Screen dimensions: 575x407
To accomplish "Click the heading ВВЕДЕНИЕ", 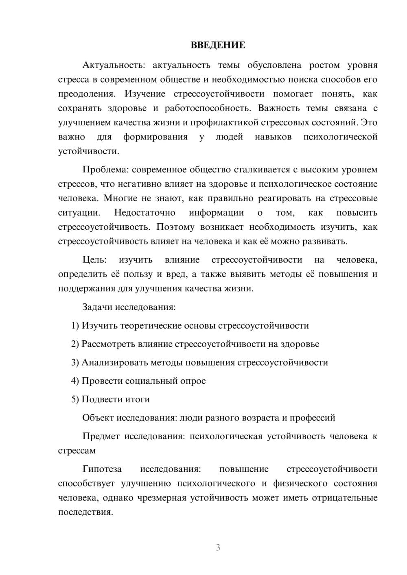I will pos(218,45).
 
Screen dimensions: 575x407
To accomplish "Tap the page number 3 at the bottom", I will pos(218,547).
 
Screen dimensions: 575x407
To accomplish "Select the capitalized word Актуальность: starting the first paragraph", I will pos(107,65).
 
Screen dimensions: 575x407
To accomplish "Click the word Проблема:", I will pos(105,170).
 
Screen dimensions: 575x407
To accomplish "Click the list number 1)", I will pos(75,326).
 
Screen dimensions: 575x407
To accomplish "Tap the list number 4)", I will pos(75,381).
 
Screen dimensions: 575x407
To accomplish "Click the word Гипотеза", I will pos(102,469).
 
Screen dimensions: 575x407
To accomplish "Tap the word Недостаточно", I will pos(144,213).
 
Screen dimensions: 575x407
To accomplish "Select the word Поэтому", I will pos(175,227).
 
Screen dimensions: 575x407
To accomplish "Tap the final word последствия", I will pos(85,512).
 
